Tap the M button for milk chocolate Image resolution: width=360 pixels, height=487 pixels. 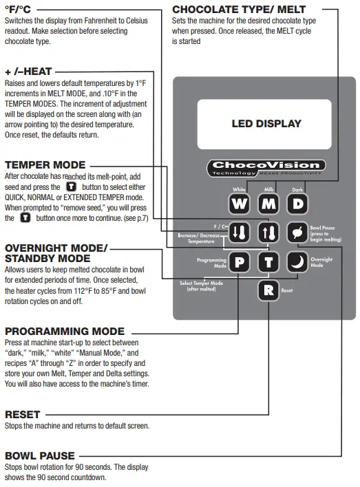[x=268, y=204]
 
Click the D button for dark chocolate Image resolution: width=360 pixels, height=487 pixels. [x=297, y=204]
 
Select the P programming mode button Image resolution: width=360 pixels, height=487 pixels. [x=240, y=261]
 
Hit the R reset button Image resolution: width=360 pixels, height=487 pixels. [x=268, y=290]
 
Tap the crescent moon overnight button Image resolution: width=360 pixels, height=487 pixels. [x=297, y=261]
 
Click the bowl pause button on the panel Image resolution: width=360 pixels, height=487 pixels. [x=297, y=232]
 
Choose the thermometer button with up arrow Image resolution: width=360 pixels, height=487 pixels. [x=268, y=232]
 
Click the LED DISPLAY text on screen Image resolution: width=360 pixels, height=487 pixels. [x=266, y=124]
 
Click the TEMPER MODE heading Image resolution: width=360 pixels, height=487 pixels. [x=45, y=165]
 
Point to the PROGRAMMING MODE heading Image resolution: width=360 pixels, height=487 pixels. [x=65, y=331]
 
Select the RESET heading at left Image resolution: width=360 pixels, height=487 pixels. [x=22, y=415]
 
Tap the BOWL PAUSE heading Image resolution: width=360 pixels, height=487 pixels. [x=39, y=455]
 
